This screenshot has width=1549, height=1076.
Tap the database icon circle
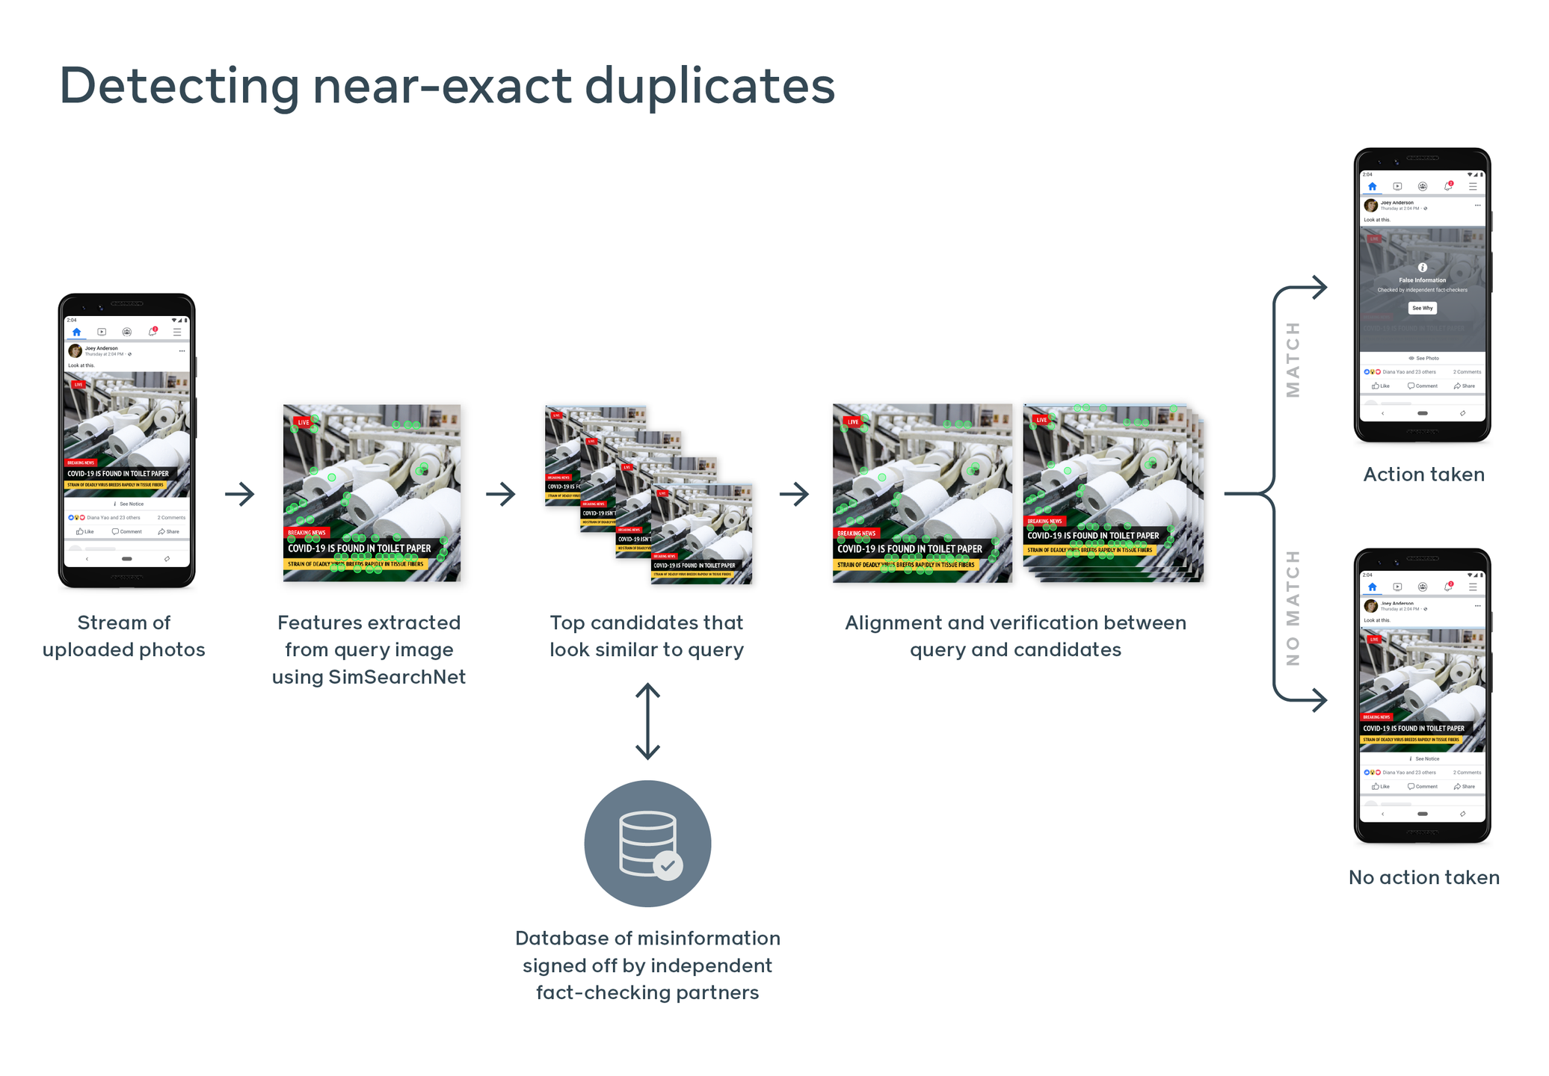point(647,843)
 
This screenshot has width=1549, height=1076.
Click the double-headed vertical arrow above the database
point(647,721)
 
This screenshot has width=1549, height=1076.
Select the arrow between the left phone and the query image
point(240,494)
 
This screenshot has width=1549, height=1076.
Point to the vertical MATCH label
point(1293,359)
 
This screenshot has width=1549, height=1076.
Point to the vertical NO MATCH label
point(1293,607)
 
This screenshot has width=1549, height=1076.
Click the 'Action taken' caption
point(1423,474)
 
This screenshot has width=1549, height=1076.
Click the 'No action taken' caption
point(1423,877)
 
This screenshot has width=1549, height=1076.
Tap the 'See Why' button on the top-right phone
point(1422,308)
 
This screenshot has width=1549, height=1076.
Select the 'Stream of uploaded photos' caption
point(124,636)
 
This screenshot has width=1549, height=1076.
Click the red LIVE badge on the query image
point(303,422)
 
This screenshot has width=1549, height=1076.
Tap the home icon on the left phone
point(76,332)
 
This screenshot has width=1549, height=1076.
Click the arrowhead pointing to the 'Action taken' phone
point(1319,287)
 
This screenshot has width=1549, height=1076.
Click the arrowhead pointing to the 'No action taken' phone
point(1319,700)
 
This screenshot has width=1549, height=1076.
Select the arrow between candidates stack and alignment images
point(794,494)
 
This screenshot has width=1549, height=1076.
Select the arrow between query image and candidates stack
point(501,494)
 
